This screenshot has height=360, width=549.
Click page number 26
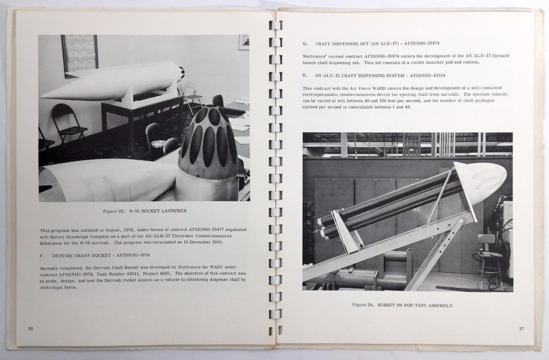(x=30, y=329)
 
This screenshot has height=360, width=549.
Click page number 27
(x=521, y=328)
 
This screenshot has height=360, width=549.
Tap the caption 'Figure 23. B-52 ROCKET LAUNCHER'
(x=144, y=211)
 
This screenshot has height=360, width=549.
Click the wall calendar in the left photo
(x=80, y=56)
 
